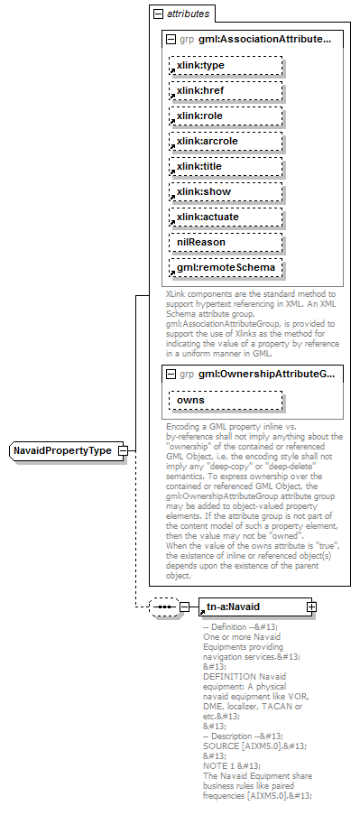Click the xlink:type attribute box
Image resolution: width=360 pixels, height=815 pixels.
pos(224,66)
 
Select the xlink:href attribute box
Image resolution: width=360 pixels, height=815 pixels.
pos(224,91)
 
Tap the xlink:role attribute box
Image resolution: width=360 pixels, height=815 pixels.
pos(224,116)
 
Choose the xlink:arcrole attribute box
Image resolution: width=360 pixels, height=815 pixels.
pos(224,142)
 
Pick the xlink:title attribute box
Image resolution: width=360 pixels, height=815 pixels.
pos(224,167)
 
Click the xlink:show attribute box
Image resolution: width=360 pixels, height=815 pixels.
pos(224,192)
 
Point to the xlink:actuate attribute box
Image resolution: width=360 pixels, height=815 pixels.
pos(224,218)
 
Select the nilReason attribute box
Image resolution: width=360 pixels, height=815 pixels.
pos(224,243)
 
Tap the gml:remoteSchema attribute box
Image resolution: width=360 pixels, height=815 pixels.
pos(224,268)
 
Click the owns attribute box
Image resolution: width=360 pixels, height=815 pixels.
pos(224,400)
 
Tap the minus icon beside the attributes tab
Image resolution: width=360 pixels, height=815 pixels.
pos(159,14)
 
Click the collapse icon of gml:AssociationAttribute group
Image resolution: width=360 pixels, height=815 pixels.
pos(171,40)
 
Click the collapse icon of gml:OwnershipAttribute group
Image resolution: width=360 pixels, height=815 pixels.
pos(171,374)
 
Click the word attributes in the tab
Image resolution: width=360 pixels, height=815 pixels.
pos(188,14)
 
